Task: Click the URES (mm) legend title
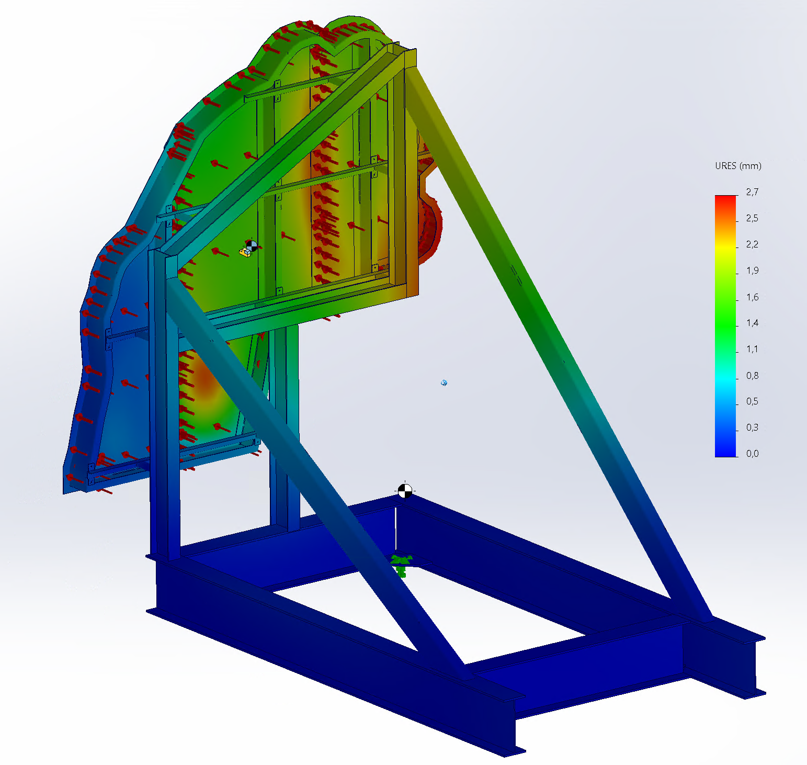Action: [738, 166]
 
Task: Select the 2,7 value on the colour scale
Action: [752, 192]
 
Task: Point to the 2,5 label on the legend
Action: [752, 218]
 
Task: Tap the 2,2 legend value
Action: [752, 244]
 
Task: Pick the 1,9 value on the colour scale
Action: [752, 271]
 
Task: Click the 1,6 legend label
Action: [752, 297]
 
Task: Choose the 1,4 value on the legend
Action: [752, 323]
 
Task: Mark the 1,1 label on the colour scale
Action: [752, 349]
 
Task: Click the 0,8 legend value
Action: [752, 375]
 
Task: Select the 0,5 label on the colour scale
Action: [752, 401]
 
